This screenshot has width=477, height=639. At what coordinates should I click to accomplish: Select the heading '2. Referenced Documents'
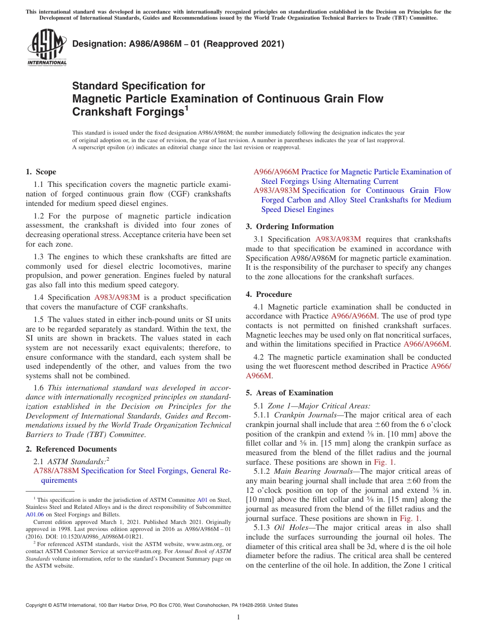pos(71,449)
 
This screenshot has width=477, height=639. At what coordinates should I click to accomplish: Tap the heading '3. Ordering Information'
pos(290,227)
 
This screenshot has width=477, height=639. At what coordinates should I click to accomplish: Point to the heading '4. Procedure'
pos(269,294)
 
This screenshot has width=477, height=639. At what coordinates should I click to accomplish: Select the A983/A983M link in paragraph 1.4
pos(117,297)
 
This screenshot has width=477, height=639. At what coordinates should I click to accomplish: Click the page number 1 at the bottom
pos(238,617)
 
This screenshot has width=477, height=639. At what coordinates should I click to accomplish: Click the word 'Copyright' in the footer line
pos(38,605)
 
